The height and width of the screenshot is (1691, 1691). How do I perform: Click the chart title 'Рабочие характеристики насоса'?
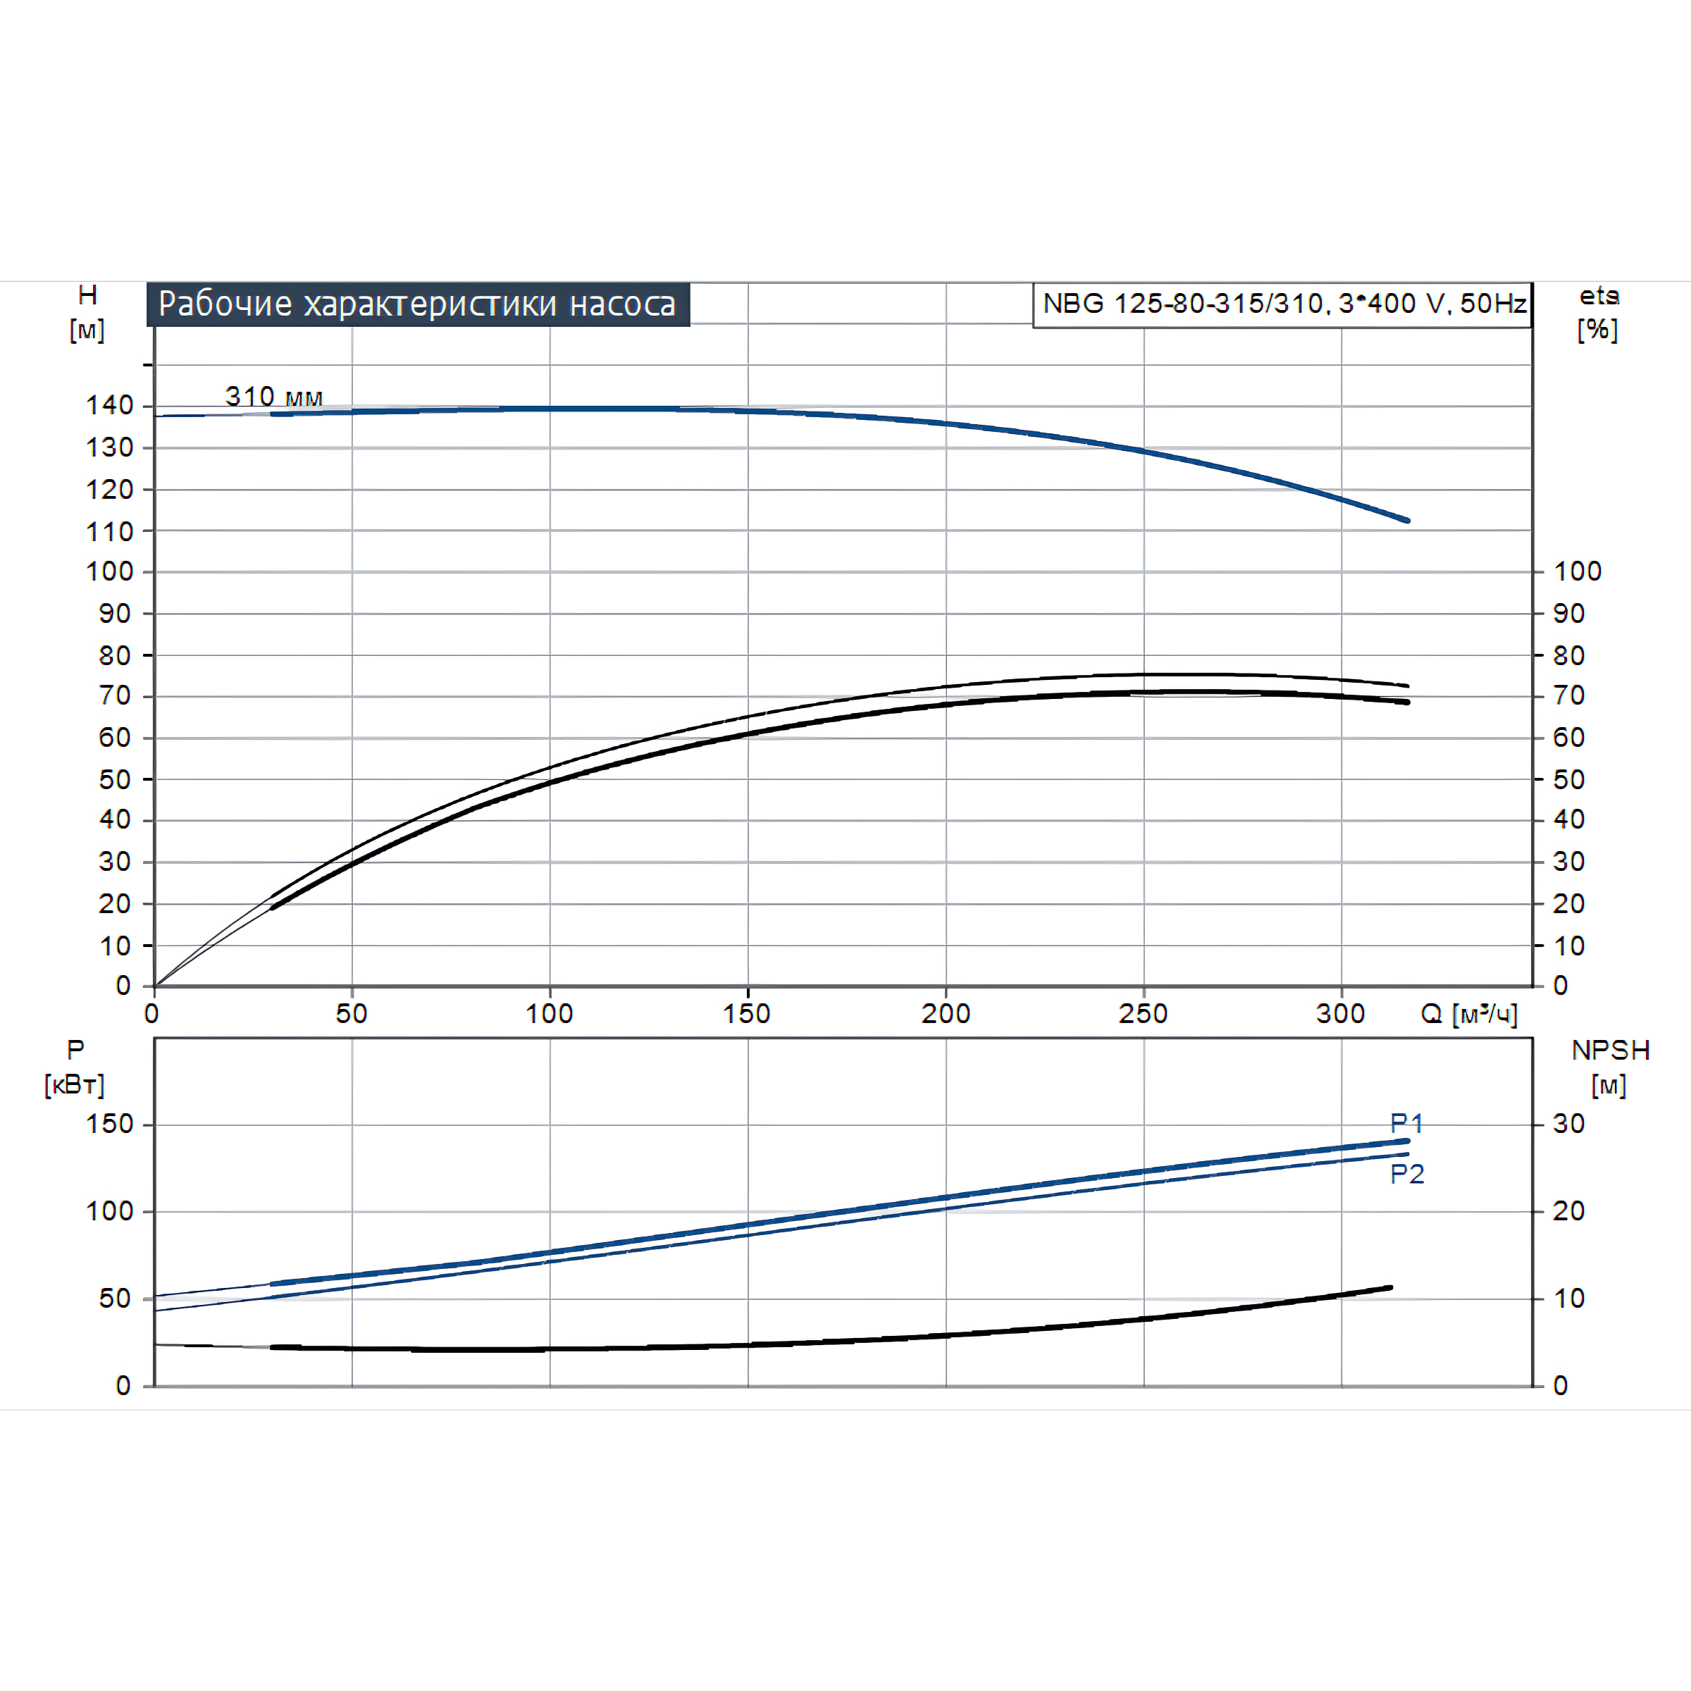(418, 304)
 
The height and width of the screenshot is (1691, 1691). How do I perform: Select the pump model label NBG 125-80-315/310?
(1283, 304)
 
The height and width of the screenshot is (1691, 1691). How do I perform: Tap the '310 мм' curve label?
(274, 397)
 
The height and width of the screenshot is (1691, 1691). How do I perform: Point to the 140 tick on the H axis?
(109, 405)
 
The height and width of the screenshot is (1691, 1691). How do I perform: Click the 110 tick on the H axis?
(109, 531)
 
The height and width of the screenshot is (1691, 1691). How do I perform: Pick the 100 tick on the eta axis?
(1578, 571)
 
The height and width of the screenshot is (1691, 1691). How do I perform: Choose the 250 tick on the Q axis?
(1143, 1014)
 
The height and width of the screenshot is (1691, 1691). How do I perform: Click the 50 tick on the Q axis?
(352, 1014)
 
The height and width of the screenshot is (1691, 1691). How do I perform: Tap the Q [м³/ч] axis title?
(1468, 1014)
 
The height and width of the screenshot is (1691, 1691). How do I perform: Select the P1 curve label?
(1406, 1123)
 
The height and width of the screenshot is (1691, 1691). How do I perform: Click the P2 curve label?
(1406, 1174)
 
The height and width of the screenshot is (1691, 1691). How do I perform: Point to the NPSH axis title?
(1611, 1051)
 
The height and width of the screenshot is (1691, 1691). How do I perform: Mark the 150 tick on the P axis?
(109, 1124)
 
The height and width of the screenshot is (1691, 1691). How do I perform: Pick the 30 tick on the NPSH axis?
(1568, 1124)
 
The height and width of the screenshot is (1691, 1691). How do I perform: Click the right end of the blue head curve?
(1408, 521)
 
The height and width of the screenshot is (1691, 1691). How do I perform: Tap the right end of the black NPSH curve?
(1391, 1287)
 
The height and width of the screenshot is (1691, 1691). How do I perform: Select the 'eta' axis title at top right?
(1598, 297)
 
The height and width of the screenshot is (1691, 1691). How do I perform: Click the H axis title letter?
(87, 296)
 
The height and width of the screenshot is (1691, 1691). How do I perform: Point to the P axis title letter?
(76, 1049)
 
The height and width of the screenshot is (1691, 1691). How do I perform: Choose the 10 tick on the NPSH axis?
(1568, 1299)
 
